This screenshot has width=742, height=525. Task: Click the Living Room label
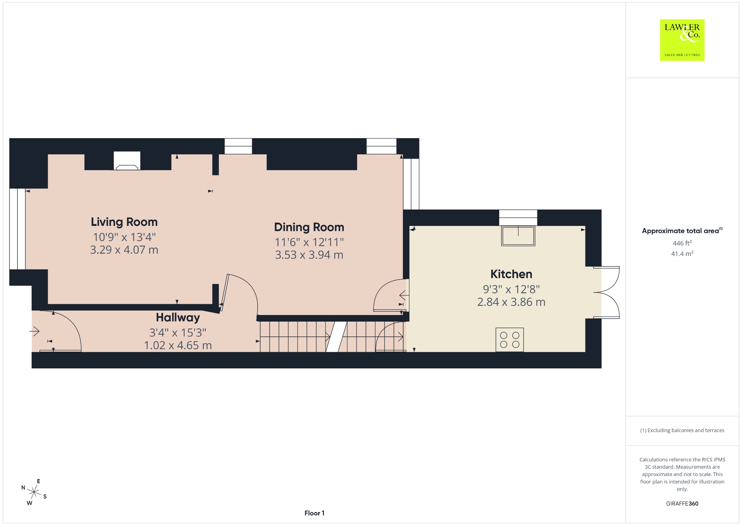(124, 222)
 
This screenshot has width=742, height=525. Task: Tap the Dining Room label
(309, 227)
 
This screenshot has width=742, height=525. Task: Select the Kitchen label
(511, 274)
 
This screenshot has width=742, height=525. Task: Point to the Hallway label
(178, 318)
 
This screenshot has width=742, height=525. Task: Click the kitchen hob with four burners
(509, 340)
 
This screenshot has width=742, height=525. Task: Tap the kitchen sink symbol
(518, 236)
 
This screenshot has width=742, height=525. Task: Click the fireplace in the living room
(127, 161)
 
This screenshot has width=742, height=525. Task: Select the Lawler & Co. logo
(682, 40)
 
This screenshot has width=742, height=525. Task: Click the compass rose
(34, 492)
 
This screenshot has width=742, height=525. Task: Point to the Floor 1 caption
(314, 513)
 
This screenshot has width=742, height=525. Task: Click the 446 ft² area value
(682, 243)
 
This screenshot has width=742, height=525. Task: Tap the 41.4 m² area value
(682, 253)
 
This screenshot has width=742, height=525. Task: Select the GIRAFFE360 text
(682, 504)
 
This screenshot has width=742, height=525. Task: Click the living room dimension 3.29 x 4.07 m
(124, 250)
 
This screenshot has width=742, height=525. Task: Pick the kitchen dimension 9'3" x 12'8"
(511, 289)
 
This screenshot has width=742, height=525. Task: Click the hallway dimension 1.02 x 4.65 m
(178, 345)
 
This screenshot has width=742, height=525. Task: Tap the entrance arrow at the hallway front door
(34, 331)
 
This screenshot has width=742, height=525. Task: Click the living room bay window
(17, 229)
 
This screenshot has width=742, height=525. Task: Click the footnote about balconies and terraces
(682, 430)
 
